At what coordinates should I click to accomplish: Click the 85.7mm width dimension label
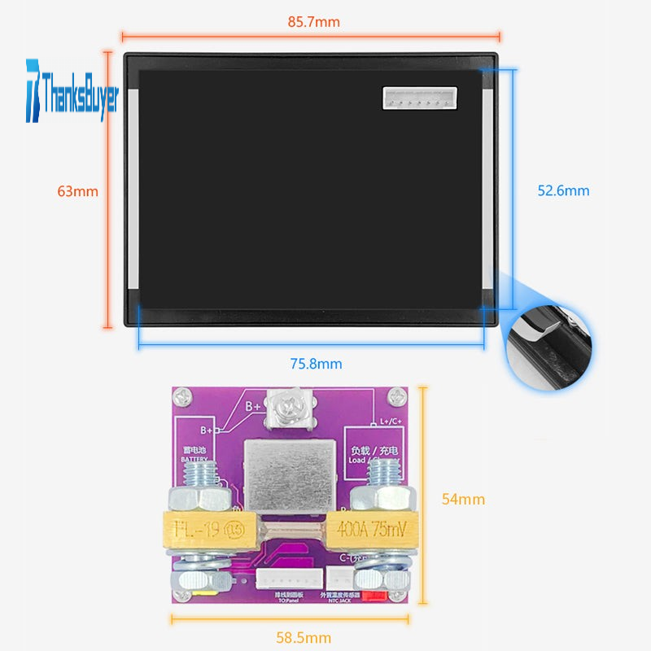(313, 22)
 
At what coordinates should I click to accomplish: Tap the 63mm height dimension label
(77, 191)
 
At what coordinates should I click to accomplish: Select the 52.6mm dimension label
(563, 190)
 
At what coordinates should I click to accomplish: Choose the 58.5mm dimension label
(303, 637)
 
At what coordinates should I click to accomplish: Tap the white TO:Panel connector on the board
(277, 578)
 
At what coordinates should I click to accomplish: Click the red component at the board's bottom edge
(374, 596)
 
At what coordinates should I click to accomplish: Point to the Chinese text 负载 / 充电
(374, 450)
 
